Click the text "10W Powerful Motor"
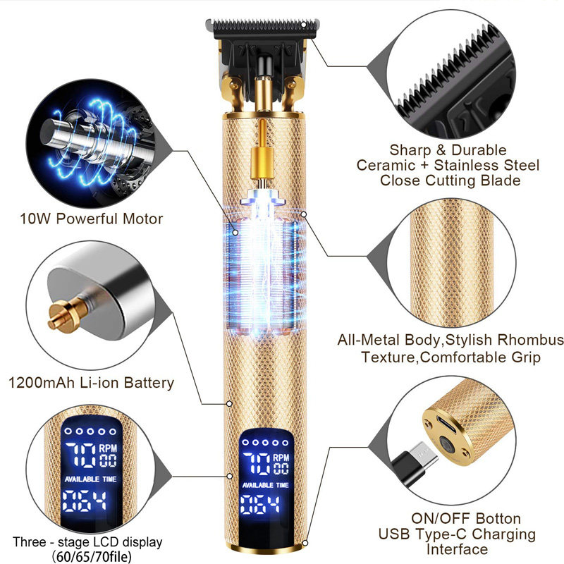(92, 219)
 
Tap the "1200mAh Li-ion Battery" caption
(91, 384)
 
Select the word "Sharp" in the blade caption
(410, 150)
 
